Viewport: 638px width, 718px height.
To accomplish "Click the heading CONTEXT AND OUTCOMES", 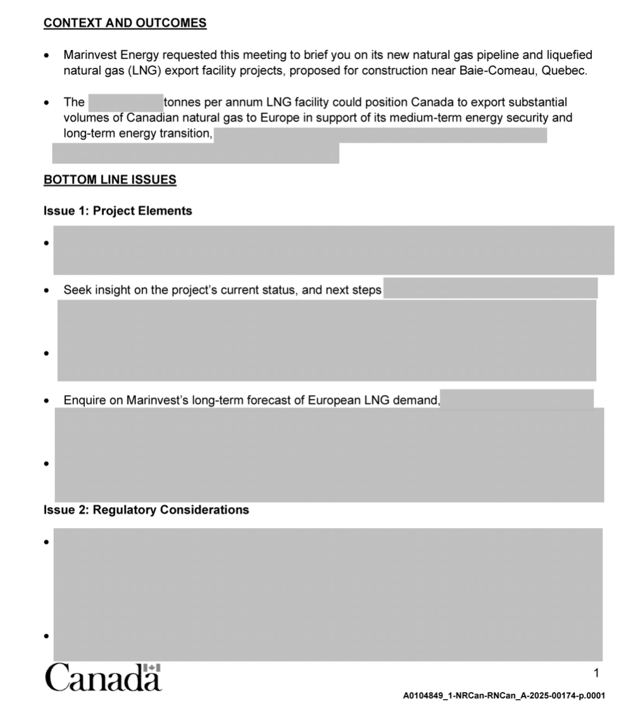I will click(x=125, y=23).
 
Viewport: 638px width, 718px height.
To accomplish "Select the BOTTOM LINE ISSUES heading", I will click(x=109, y=180).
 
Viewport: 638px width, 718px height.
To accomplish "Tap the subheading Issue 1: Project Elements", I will click(x=118, y=211).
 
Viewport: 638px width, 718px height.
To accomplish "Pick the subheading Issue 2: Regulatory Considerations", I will click(x=146, y=510).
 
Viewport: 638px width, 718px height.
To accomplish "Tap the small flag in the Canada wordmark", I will click(x=153, y=667).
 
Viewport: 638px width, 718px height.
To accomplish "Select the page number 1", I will click(x=596, y=673).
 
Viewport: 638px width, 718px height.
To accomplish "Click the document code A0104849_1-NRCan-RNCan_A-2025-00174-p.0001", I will click(x=504, y=696).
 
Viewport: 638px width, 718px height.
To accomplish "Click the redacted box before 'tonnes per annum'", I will click(x=126, y=103).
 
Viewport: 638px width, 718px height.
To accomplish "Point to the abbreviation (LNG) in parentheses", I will click(x=146, y=70).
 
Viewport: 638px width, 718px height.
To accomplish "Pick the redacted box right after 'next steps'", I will click(x=490, y=288).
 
